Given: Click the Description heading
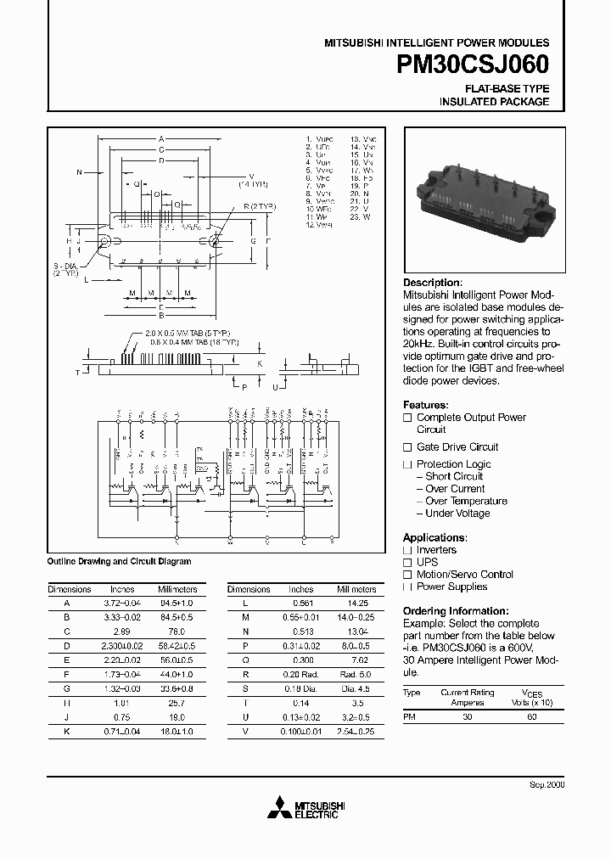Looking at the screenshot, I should click(433, 283).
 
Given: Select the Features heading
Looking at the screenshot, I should click(425, 405).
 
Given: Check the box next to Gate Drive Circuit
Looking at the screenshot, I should click(407, 447).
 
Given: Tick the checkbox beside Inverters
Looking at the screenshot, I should click(407, 550).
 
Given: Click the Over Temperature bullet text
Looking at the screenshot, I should click(466, 501).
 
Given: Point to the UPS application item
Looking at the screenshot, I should click(427, 563).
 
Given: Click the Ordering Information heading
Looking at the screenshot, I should click(456, 611).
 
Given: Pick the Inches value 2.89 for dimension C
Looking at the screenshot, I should click(122, 632).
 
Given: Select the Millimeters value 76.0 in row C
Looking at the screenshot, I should click(177, 632).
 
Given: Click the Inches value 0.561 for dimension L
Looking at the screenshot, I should click(301, 602).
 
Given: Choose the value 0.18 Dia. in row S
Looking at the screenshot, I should click(301, 689).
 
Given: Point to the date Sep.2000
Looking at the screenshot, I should click(548, 787).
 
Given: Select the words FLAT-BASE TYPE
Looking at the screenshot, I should click(507, 88).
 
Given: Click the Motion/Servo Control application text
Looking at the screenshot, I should click(465, 575).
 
